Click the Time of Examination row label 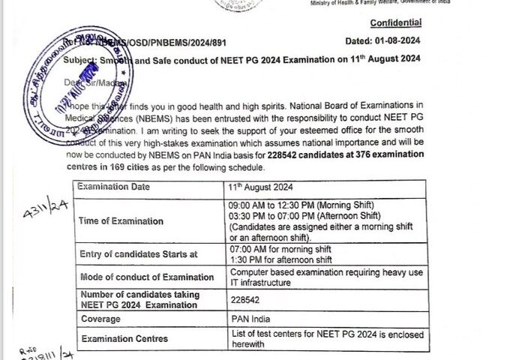coord(121,220)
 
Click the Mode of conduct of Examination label coord(148,277)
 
